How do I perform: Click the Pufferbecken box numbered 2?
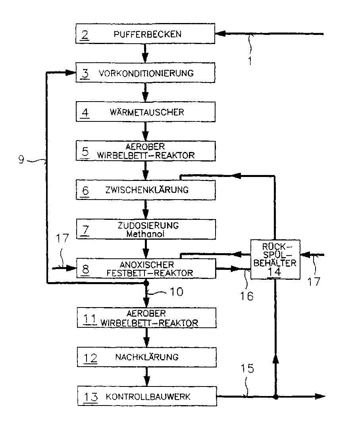click(x=145, y=34)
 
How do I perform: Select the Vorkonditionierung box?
click(x=145, y=73)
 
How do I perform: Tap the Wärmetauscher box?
click(x=145, y=112)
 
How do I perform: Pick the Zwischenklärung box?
click(x=145, y=190)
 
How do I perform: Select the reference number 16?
click(x=246, y=296)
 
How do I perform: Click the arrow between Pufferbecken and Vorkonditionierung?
click(x=146, y=54)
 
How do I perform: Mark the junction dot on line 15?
click(x=275, y=396)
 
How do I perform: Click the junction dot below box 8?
click(x=146, y=283)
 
